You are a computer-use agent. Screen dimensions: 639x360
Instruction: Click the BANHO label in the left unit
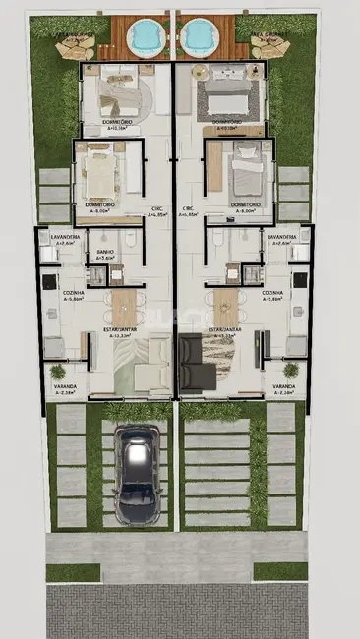click(x=105, y=253)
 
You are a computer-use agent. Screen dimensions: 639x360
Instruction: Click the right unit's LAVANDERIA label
click(x=281, y=238)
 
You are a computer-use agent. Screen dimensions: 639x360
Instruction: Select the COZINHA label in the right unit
click(x=272, y=293)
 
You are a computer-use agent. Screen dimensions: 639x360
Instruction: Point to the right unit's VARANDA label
click(x=283, y=387)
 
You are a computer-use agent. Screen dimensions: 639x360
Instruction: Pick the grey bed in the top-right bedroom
click(x=228, y=94)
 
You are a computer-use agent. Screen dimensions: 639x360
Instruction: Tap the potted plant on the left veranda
click(x=58, y=372)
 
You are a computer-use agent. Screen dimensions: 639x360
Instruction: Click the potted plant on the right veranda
click(x=290, y=371)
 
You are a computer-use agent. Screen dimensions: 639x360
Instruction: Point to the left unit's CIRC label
click(x=157, y=208)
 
